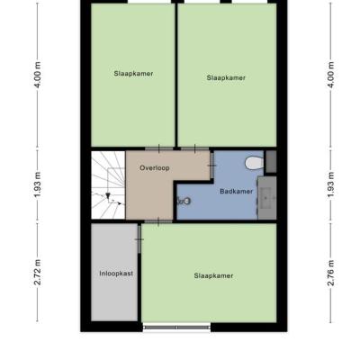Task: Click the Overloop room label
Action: (x=155, y=168)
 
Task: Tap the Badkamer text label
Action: (x=237, y=192)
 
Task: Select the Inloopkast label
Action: (x=116, y=274)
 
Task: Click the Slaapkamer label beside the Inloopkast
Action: (x=213, y=275)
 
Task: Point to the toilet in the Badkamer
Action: (x=254, y=163)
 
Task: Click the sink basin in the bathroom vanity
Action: (x=265, y=198)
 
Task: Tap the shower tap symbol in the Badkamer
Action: (x=184, y=201)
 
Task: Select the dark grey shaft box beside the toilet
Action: (x=271, y=162)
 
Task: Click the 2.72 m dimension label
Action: (x=38, y=273)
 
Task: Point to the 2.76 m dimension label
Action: (x=331, y=273)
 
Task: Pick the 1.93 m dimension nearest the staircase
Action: (x=38, y=184)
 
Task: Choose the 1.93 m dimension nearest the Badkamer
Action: (x=331, y=184)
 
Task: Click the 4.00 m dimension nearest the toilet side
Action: (x=331, y=75)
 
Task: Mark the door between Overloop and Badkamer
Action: (x=211, y=166)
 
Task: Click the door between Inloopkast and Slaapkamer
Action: (x=139, y=239)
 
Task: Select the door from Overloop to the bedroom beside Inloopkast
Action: (x=158, y=221)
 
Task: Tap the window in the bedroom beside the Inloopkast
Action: (x=177, y=328)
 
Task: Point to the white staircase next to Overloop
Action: (x=108, y=185)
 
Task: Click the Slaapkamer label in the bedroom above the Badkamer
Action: (x=226, y=78)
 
